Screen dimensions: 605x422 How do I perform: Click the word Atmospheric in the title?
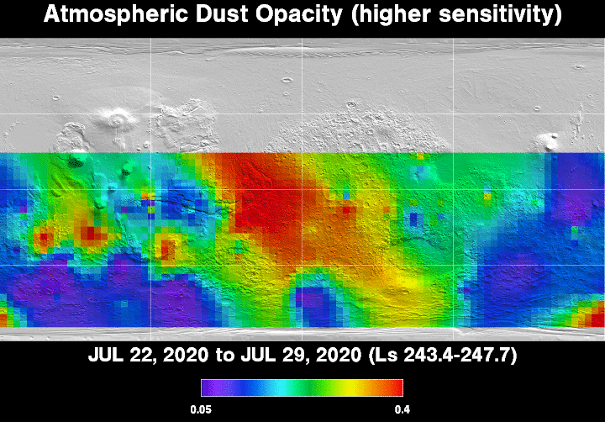(x=115, y=14)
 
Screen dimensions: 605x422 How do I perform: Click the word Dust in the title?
(x=221, y=14)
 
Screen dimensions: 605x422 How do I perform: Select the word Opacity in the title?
(x=298, y=15)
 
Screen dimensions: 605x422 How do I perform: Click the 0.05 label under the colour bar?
(x=201, y=409)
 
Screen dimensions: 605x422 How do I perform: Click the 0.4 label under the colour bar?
(x=402, y=409)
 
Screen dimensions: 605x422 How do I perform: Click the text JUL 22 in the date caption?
(x=121, y=355)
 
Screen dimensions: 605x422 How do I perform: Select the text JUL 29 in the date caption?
(x=274, y=355)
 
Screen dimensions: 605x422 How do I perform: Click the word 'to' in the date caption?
(x=224, y=356)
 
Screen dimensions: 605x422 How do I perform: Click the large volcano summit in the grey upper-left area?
(x=116, y=119)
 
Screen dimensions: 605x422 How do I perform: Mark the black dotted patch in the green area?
(x=76, y=161)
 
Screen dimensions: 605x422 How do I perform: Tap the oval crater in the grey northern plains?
(x=287, y=81)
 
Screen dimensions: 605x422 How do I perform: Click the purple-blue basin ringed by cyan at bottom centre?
(x=317, y=303)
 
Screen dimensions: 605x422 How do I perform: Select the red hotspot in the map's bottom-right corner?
(x=592, y=314)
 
